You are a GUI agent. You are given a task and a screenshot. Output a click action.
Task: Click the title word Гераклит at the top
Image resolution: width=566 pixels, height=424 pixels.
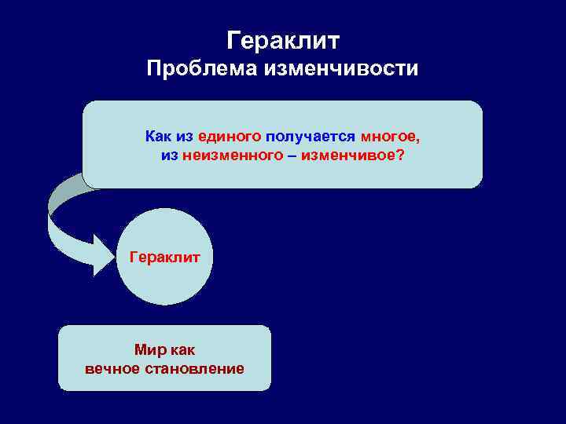282,39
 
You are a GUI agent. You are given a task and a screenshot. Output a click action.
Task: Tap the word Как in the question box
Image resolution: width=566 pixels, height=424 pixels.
157,137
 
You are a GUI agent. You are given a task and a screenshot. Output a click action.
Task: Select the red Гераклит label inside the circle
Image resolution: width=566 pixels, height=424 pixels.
164,257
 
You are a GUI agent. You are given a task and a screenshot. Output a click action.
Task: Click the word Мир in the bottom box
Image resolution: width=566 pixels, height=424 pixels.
149,350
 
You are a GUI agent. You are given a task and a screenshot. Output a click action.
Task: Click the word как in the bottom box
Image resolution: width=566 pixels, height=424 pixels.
180,350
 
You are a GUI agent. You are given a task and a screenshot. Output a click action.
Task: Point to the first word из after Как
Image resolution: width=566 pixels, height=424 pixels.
185,137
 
